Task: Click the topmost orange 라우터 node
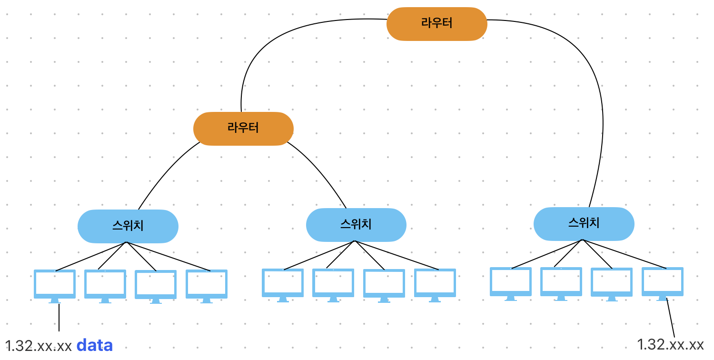436,23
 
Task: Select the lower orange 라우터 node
243,129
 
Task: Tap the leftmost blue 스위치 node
128,226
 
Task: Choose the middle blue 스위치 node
356,224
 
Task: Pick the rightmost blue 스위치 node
584,223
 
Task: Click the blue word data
95,345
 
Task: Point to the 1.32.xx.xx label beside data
38,346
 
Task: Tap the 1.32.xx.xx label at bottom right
670,344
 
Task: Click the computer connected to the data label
55,285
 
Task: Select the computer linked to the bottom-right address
662,282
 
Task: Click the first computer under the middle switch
283,284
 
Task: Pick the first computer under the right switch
511,282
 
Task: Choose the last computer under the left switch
206,285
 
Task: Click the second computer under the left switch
105,285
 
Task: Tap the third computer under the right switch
612,283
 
